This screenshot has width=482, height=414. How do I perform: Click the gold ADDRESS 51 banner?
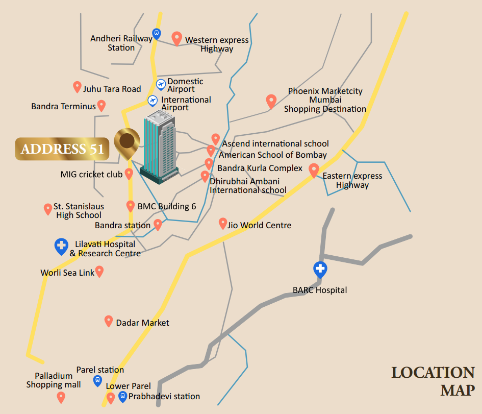(x=62, y=149)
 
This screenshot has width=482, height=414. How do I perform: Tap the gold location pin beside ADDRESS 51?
(x=127, y=142)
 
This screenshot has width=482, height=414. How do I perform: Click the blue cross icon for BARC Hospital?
(x=320, y=269)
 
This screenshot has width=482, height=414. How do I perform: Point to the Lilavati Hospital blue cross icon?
(x=61, y=247)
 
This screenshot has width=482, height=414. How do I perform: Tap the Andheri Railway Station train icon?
(x=157, y=34)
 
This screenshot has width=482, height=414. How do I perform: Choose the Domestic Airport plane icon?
(x=161, y=84)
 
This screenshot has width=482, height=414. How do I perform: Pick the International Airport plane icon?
(x=153, y=101)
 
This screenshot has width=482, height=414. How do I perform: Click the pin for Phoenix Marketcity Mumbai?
(x=271, y=101)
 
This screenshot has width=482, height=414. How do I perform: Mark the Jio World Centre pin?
(x=223, y=223)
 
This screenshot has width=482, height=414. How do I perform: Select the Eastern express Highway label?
(x=352, y=180)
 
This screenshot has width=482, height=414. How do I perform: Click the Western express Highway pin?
(x=177, y=38)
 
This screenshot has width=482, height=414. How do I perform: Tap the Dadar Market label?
(x=142, y=323)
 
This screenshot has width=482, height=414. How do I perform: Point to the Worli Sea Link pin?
(x=99, y=271)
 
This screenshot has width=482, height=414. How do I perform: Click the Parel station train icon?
(x=97, y=380)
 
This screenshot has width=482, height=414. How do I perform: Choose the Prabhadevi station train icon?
(x=122, y=396)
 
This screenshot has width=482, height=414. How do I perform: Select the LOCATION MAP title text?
(x=433, y=381)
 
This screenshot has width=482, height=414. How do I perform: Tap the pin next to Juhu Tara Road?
(x=77, y=87)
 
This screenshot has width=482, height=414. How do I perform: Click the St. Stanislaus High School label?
(x=79, y=211)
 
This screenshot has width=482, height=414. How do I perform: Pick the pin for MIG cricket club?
(x=129, y=174)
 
